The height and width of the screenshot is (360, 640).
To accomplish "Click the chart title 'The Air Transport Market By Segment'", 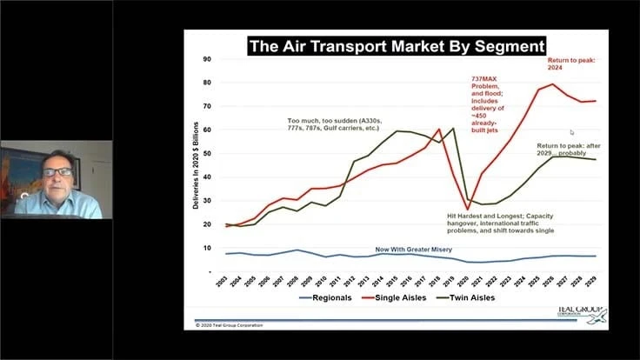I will click(x=395, y=46).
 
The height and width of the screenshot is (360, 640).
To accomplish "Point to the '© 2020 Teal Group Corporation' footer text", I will click(x=230, y=325).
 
